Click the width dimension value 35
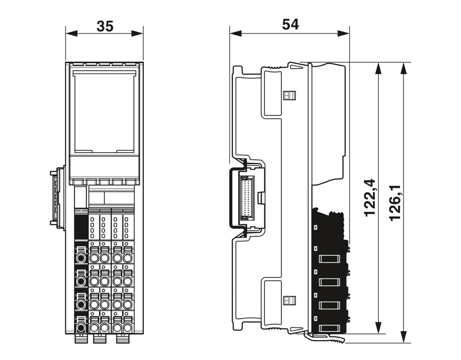click(105, 26)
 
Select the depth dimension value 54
click(290, 25)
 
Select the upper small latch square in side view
click(289, 96)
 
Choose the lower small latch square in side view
click(289, 300)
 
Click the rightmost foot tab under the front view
click(122, 339)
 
